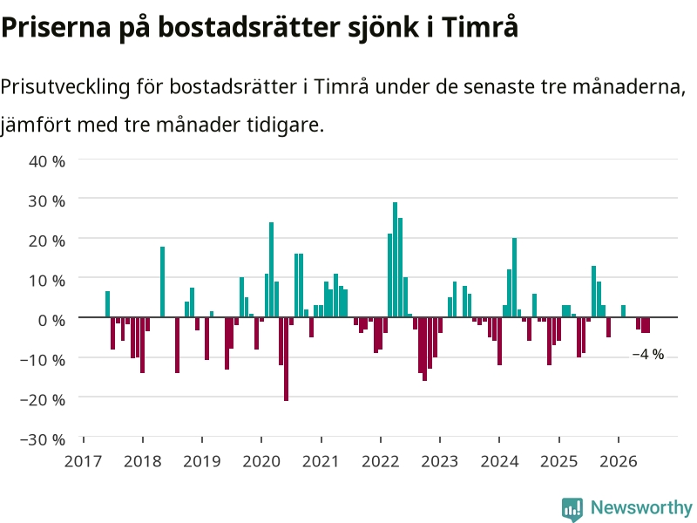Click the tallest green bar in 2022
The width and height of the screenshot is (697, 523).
click(x=395, y=259)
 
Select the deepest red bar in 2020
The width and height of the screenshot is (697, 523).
click(x=286, y=359)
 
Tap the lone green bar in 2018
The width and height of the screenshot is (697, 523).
click(x=162, y=282)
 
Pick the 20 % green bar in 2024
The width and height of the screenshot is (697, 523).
click(x=514, y=277)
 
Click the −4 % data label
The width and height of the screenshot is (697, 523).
click(x=647, y=355)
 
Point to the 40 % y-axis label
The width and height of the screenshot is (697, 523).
click(x=47, y=161)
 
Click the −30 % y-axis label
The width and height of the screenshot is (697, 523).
click(x=43, y=439)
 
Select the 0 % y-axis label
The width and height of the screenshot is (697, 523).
click(x=51, y=320)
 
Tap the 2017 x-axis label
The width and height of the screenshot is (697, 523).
click(x=83, y=461)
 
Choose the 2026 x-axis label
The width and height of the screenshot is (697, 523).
click(x=619, y=461)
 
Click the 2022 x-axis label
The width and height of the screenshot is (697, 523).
click(x=381, y=461)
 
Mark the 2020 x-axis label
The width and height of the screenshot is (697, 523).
click(x=261, y=461)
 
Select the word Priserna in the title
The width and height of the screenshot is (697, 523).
click(x=56, y=27)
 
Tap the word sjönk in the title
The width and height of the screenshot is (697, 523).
click(x=383, y=28)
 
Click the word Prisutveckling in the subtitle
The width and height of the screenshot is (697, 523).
click(x=64, y=86)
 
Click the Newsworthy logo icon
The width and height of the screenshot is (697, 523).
click(x=572, y=509)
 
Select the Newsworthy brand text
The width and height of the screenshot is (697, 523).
click(x=641, y=507)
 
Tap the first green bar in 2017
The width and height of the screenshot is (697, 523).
click(x=107, y=304)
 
